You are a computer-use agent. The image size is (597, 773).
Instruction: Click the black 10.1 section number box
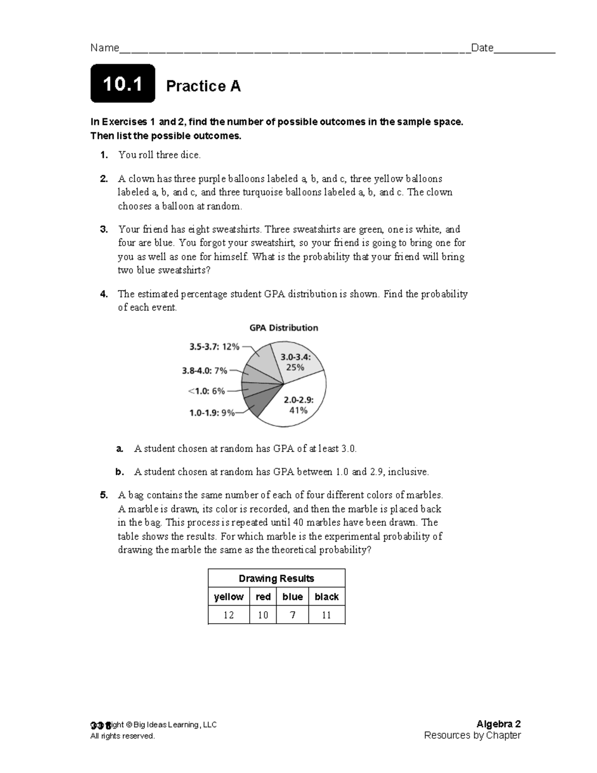pos(122,84)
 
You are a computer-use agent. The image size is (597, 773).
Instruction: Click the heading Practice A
pos(203,86)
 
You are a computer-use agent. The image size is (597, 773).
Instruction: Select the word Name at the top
pos(104,48)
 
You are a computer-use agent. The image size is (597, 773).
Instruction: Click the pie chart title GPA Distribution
pos(284,328)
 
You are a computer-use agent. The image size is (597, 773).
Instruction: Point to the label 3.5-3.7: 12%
pos(214,346)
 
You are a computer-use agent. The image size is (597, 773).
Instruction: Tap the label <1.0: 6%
pos(206,391)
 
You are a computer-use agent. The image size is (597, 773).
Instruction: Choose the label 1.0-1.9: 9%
pos(212,413)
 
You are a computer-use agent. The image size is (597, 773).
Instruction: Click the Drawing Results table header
pos(276,578)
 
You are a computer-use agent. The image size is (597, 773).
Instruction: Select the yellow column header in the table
pos(228,597)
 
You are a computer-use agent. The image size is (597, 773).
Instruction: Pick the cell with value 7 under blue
pos(293,615)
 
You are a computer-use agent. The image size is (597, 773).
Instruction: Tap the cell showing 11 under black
pos(326,615)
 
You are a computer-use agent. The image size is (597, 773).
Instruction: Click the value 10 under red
pos(263,615)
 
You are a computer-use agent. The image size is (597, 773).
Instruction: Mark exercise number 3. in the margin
pos(103,229)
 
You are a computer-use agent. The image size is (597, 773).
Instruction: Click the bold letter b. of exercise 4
pos(119,472)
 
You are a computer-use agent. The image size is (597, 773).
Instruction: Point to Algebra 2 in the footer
pos(498,724)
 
